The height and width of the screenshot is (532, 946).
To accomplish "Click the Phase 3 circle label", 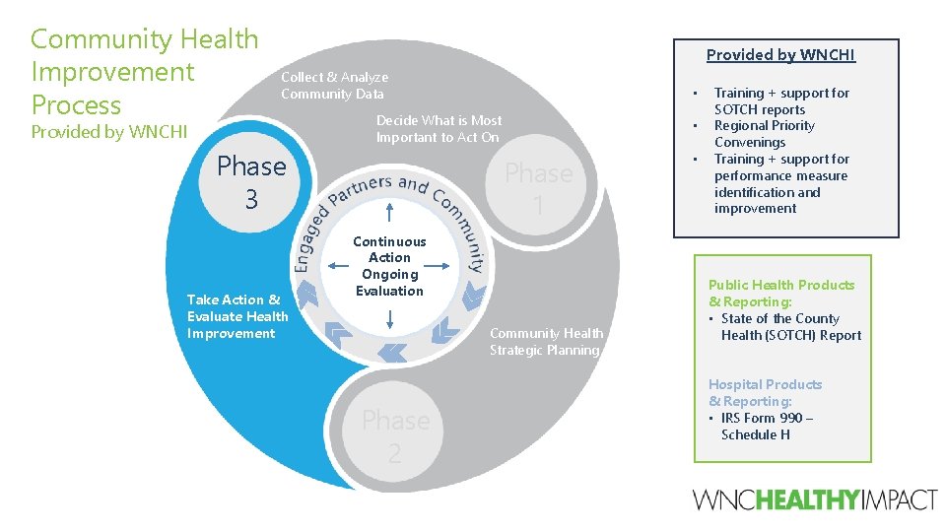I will point(251,182).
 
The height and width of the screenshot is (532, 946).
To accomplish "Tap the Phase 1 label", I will point(538,189).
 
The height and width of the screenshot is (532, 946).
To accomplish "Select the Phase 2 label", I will point(395,435).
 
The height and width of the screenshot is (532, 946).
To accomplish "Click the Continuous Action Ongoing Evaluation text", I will point(390,266).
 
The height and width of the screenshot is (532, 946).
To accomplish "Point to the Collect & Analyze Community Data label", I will point(334,85).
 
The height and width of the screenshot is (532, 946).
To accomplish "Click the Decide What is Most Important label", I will point(439,128).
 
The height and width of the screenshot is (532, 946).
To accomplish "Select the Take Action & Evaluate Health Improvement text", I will point(237,316).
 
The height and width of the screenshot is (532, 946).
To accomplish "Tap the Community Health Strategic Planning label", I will point(546,342).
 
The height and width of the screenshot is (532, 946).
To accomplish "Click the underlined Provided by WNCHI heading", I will point(780,55).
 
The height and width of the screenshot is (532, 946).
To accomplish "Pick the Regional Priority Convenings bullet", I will point(764,134).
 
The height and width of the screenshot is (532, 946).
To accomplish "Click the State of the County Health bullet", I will point(790,327).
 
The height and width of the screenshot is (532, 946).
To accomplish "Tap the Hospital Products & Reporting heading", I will point(765,392).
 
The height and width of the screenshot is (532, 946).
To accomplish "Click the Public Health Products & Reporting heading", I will point(781,293).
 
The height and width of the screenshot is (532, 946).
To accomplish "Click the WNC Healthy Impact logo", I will point(815,499).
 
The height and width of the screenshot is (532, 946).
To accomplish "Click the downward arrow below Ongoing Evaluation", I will point(391,318).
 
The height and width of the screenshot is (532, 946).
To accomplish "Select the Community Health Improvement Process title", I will point(145,72).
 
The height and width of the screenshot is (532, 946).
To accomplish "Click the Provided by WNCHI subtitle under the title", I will point(109,132).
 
